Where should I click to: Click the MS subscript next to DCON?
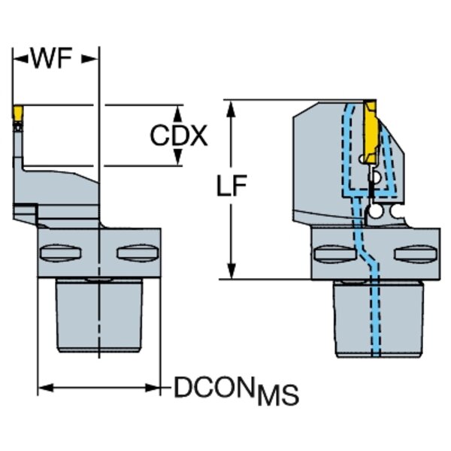tap(278, 395)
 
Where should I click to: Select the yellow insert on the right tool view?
tap(372, 128)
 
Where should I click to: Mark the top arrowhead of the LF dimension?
tap(232, 104)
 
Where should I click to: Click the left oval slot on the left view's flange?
tap(58, 252)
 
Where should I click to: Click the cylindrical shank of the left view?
tap(98, 316)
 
